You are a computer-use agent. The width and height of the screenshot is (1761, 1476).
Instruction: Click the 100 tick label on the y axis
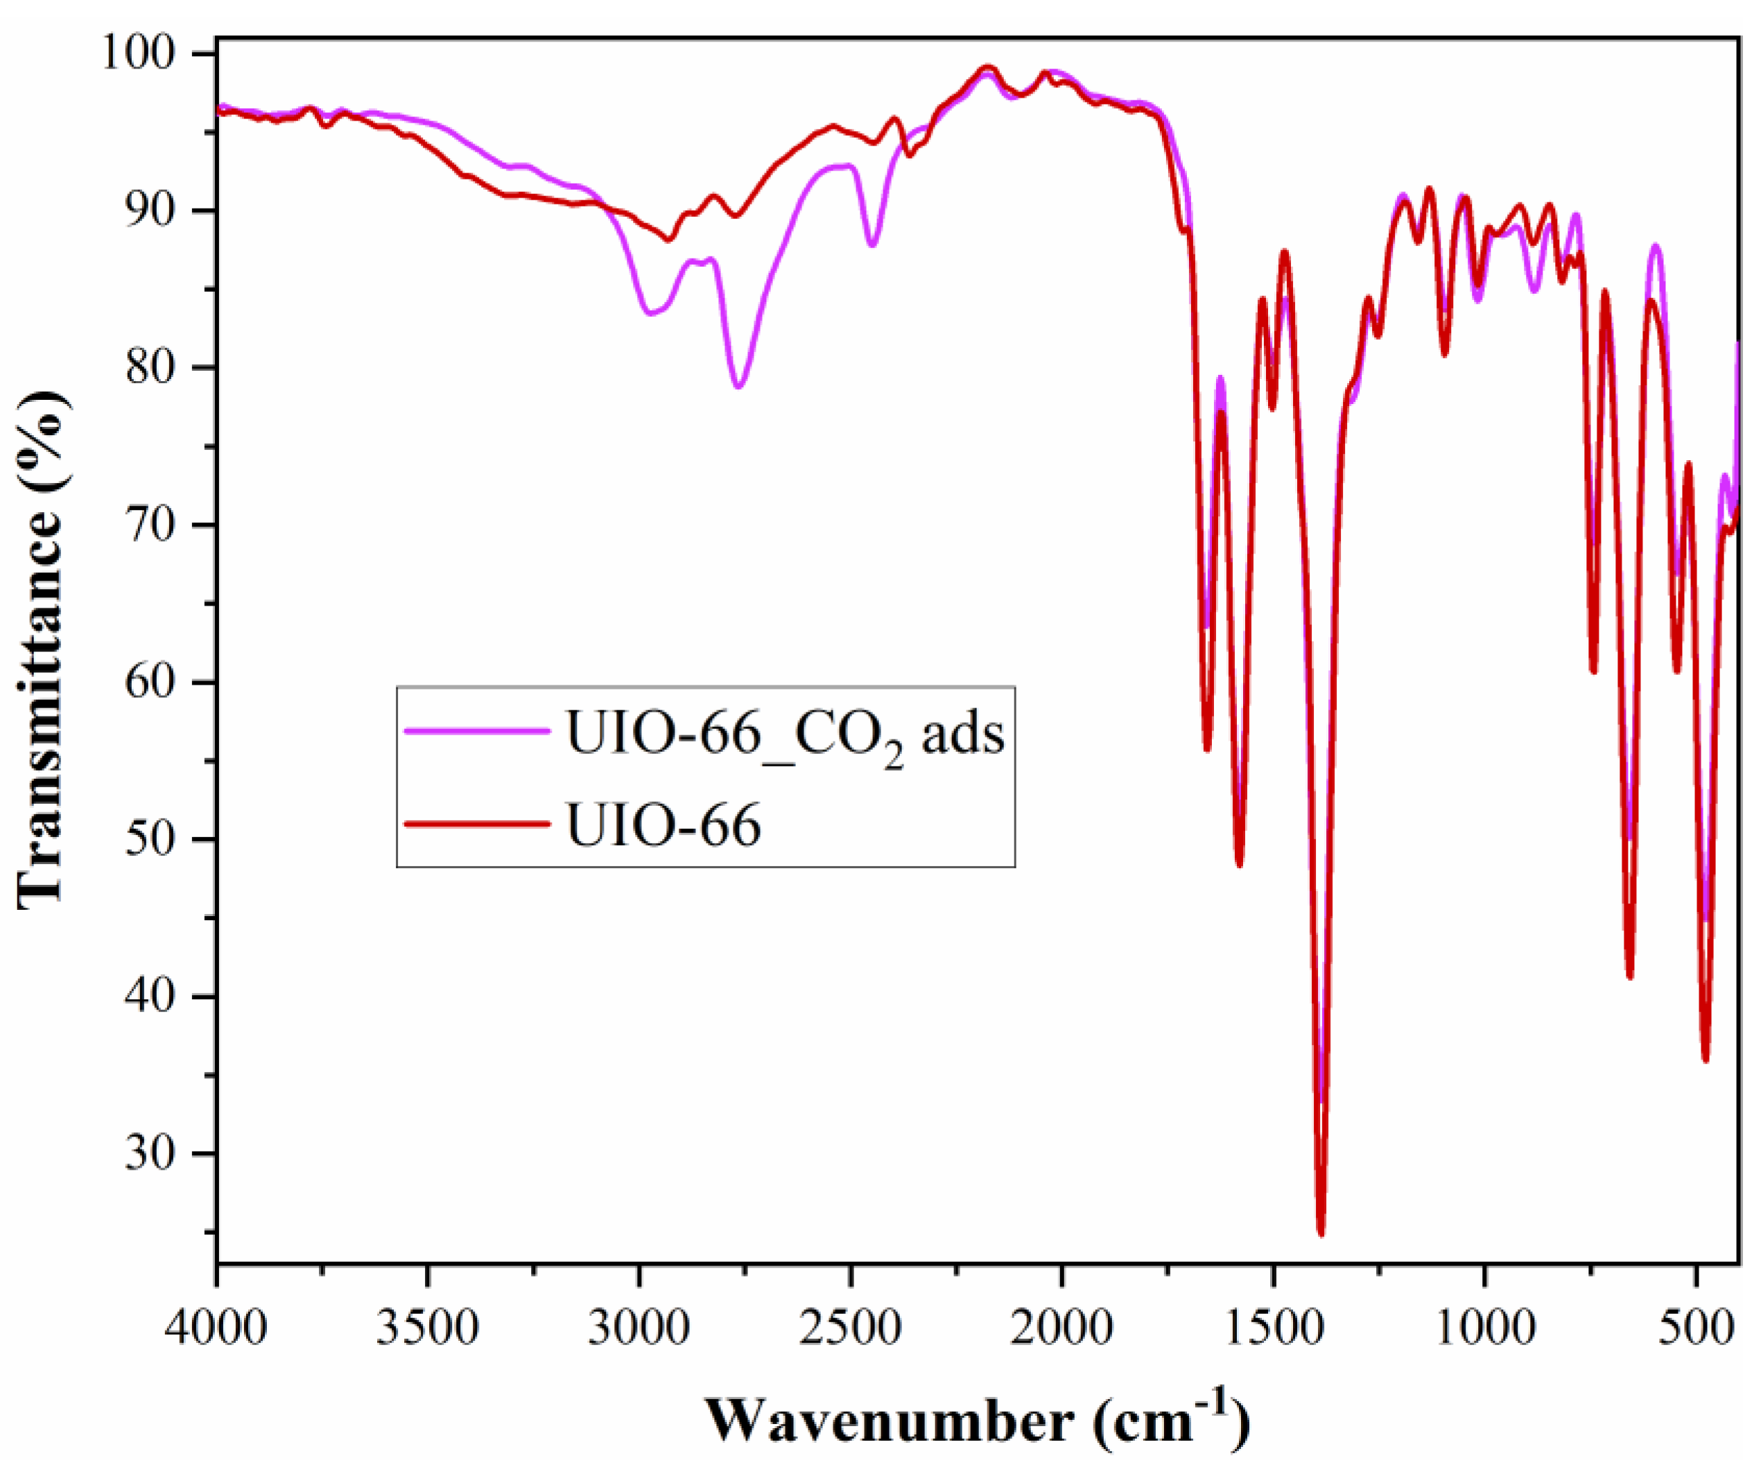[139, 53]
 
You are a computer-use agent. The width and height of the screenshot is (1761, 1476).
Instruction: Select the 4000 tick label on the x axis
[216, 1329]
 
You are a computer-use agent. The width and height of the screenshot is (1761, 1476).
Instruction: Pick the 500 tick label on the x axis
[1696, 1329]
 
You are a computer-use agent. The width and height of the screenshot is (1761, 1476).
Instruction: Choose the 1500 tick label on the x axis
[1274, 1329]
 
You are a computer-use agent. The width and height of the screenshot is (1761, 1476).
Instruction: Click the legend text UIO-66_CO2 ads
[785, 735]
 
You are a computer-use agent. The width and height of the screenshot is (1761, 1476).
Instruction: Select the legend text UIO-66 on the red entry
[663, 825]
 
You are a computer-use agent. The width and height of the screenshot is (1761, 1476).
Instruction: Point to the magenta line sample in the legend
[476, 731]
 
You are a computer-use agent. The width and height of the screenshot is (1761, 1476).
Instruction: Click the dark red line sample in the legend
[476, 824]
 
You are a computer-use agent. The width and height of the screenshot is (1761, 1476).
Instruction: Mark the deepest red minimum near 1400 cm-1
[1321, 1232]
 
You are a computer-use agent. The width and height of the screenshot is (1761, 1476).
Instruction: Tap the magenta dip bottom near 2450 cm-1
[872, 245]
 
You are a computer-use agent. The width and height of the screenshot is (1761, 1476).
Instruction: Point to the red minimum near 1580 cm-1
[1240, 864]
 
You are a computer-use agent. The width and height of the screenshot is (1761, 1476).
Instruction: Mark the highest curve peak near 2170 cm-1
[989, 67]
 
